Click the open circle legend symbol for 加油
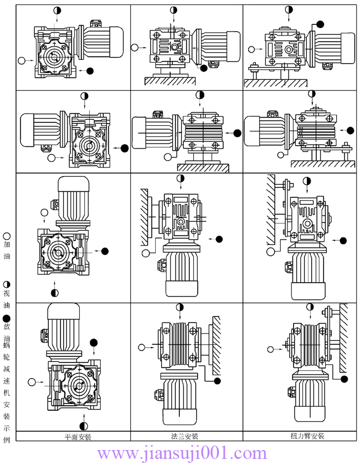pos(7,235)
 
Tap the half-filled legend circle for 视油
pos(7,284)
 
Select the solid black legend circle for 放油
pos(7,318)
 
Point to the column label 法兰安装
pos(185,436)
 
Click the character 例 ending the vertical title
pos(7,439)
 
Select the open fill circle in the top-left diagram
pos(22,59)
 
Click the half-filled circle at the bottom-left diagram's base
pos(84,426)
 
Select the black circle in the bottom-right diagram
pos(344,379)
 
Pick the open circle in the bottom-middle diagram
pos(142,348)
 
